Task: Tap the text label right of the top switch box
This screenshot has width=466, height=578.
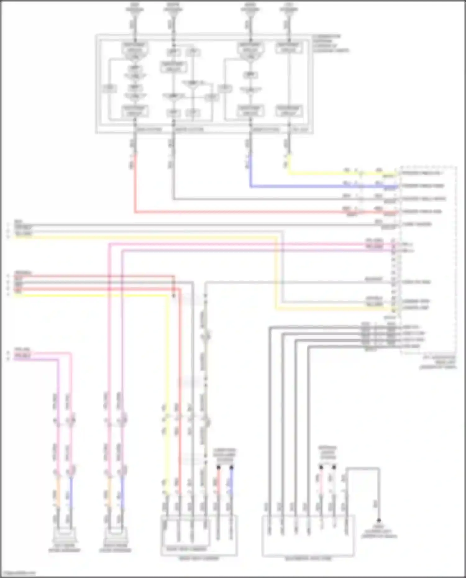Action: coord(331,43)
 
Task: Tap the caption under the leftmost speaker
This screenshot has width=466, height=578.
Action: coord(64,550)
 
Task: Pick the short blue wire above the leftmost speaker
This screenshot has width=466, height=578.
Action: coord(71,488)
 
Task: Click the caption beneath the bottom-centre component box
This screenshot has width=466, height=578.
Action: coord(199,558)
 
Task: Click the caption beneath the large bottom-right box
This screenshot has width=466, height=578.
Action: coord(308,558)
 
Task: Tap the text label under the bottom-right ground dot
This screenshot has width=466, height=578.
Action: coord(379,532)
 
